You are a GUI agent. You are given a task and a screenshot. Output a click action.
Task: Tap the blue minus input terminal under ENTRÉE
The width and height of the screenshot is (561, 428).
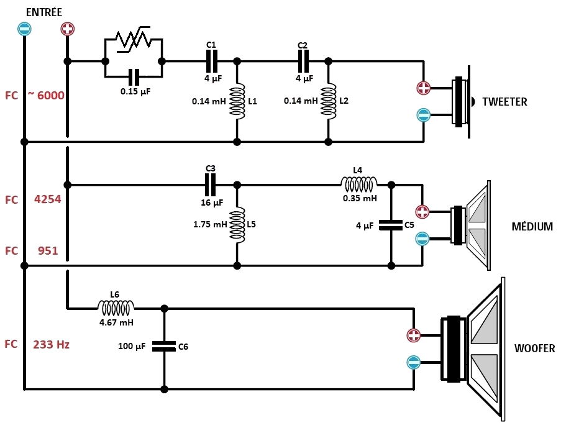24,29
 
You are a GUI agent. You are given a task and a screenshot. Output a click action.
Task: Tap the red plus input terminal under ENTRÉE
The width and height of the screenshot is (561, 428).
67,29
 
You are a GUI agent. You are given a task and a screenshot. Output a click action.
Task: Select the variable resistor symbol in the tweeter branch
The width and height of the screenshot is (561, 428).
134,39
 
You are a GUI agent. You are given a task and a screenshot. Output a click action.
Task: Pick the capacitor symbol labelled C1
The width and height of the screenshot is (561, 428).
211,61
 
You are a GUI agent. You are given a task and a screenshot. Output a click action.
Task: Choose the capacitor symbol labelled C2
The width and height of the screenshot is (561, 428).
303,61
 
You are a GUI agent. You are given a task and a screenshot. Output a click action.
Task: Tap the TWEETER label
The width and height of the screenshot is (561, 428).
504,102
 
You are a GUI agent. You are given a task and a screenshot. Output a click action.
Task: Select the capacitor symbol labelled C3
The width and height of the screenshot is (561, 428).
211,184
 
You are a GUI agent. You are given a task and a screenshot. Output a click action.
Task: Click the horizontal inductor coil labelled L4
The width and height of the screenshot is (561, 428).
358,184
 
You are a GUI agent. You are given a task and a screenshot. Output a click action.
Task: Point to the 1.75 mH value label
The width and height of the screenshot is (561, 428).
210,225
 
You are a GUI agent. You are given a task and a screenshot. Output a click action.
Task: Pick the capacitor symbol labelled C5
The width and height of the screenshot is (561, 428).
391,225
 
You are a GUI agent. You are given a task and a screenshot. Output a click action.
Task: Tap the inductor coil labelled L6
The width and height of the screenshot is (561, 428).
116,307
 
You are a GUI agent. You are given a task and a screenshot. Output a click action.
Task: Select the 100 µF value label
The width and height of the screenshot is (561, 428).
132,347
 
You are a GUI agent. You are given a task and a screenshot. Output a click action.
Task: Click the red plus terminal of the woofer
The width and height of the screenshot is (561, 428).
414,336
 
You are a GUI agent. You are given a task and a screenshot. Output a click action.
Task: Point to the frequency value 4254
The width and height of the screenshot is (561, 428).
48,200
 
